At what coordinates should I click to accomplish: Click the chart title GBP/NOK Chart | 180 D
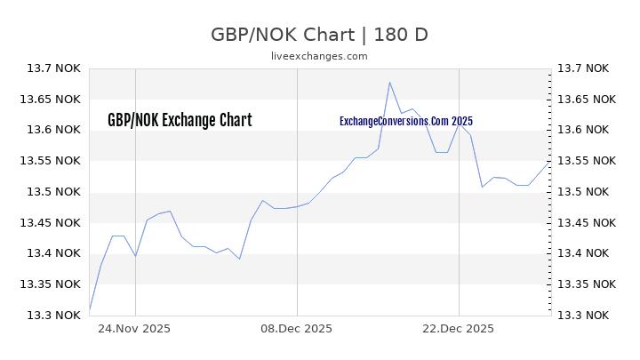tap(319, 35)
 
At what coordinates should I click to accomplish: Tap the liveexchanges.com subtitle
tap(319, 56)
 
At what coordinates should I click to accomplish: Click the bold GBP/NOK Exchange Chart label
tap(180, 120)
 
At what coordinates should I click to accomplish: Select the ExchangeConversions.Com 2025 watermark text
tap(406, 121)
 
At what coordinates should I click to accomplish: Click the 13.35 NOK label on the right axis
tap(585, 284)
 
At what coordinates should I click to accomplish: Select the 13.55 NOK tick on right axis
tap(585, 161)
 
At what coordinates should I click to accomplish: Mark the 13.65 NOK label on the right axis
tap(585, 100)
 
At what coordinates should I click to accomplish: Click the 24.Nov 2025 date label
tap(135, 328)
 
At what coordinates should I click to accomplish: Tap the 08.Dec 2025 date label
tap(297, 328)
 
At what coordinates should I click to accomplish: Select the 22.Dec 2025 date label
tap(459, 328)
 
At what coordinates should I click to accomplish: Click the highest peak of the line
tap(389, 83)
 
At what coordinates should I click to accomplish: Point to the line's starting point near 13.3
tap(90, 310)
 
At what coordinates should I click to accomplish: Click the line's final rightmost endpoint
tap(548, 163)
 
